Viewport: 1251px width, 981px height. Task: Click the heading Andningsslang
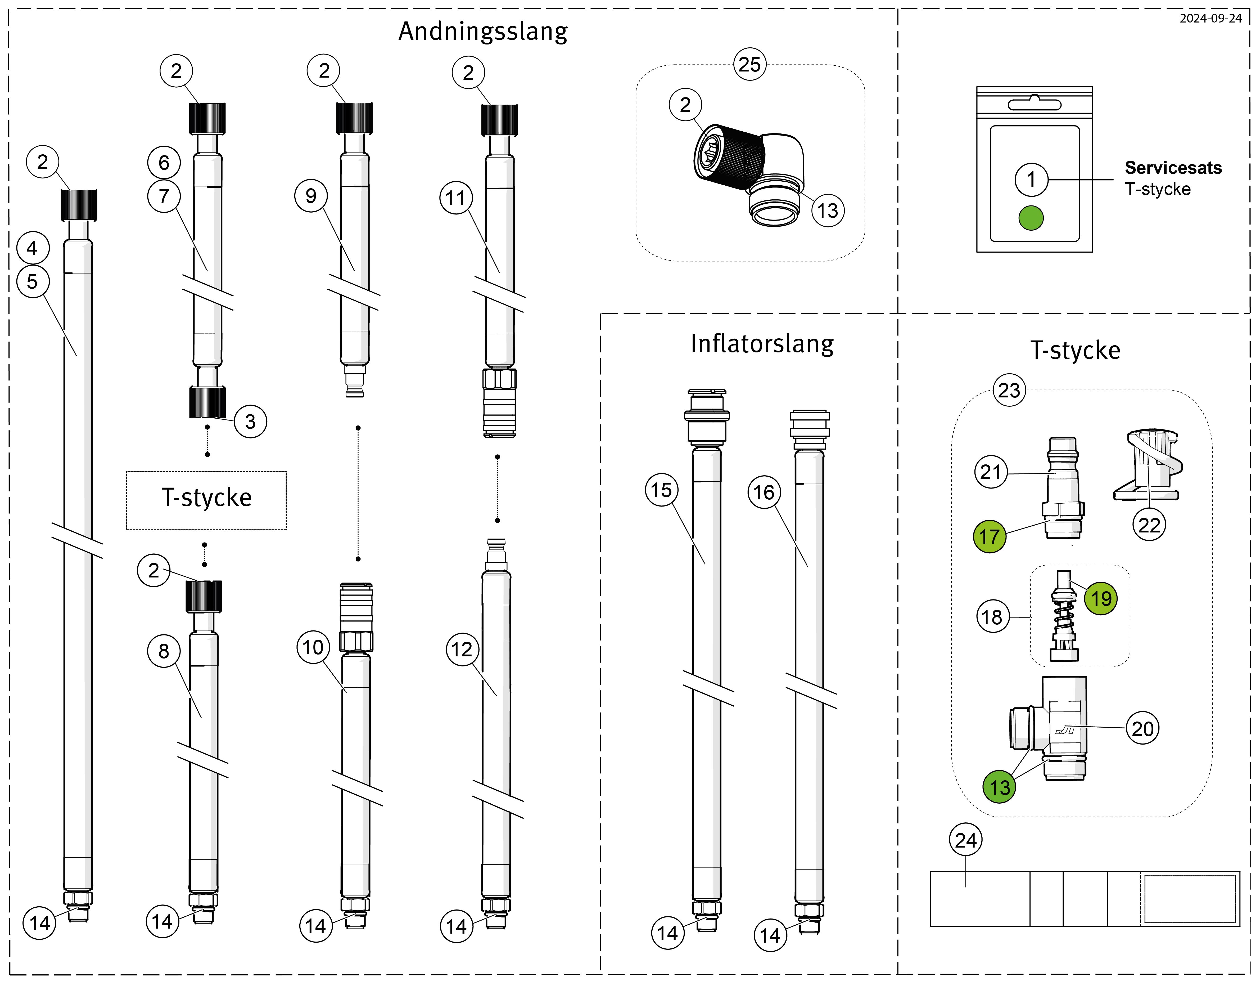tap(483, 32)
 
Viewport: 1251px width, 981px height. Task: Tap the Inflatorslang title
tap(762, 344)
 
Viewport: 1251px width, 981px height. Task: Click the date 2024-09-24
tap(1210, 18)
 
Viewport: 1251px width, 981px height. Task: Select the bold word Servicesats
tap(1173, 168)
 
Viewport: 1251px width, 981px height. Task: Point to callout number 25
tap(749, 64)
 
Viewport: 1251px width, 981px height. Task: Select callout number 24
tap(966, 840)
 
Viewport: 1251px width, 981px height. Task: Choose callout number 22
tap(1149, 525)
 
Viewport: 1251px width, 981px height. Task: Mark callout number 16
tap(764, 492)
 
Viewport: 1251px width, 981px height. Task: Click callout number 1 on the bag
tap(1031, 179)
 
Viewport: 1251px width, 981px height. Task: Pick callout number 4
tap(32, 248)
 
